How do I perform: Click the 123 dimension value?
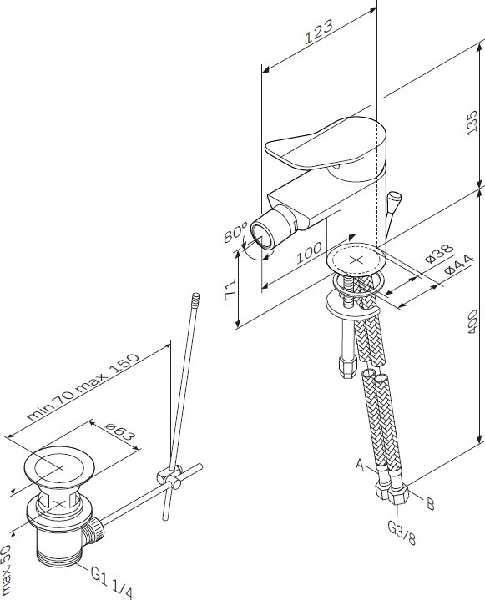pos(319,32)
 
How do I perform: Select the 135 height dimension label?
pos(472,122)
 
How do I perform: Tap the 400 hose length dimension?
pos(472,321)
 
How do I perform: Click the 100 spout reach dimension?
pos(309,253)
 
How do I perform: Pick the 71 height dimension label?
pos(230,290)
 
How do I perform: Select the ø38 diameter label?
pos(439,253)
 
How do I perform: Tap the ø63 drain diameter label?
pos(121,436)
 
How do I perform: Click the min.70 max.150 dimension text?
pos(83,387)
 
